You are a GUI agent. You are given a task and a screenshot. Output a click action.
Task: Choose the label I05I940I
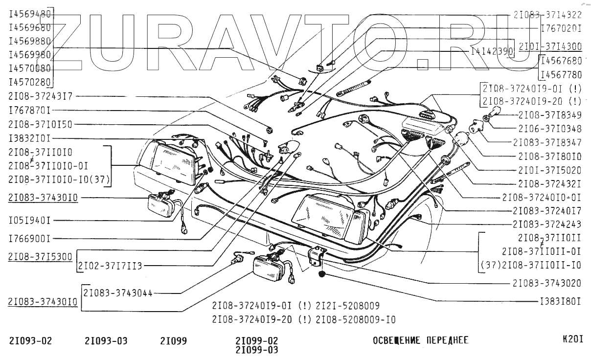[30, 221]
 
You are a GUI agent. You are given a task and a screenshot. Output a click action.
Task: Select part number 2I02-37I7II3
[110, 266]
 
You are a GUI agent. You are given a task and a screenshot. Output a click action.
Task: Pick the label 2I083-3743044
[118, 292]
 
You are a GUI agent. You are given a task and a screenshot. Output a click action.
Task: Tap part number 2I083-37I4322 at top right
[547, 15]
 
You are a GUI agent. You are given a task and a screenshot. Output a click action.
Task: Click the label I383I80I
[560, 300]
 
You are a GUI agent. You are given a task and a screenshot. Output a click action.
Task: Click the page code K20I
[573, 338]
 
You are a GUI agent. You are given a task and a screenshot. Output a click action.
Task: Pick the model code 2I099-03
[256, 350]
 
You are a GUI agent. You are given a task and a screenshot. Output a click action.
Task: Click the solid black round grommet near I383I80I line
[322, 273]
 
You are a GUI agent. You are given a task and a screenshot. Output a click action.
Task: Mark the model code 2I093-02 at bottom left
[30, 340]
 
